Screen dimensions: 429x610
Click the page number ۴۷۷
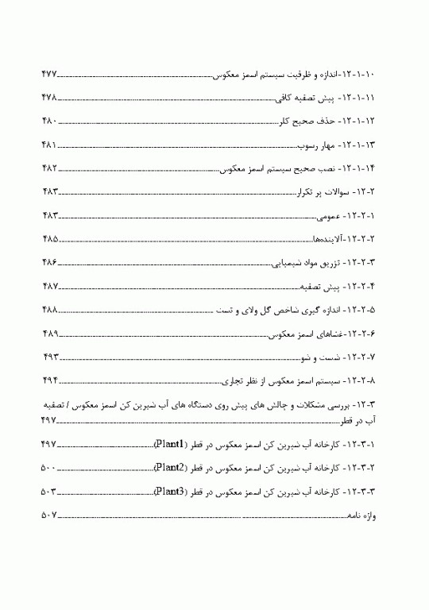click(x=49, y=74)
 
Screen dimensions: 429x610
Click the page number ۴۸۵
click(x=49, y=239)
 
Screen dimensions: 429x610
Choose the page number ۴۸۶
click(x=49, y=262)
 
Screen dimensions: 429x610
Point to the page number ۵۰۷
click(x=49, y=516)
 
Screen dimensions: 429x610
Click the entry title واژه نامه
click(x=362, y=516)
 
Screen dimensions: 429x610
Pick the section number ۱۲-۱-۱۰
click(x=365, y=74)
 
